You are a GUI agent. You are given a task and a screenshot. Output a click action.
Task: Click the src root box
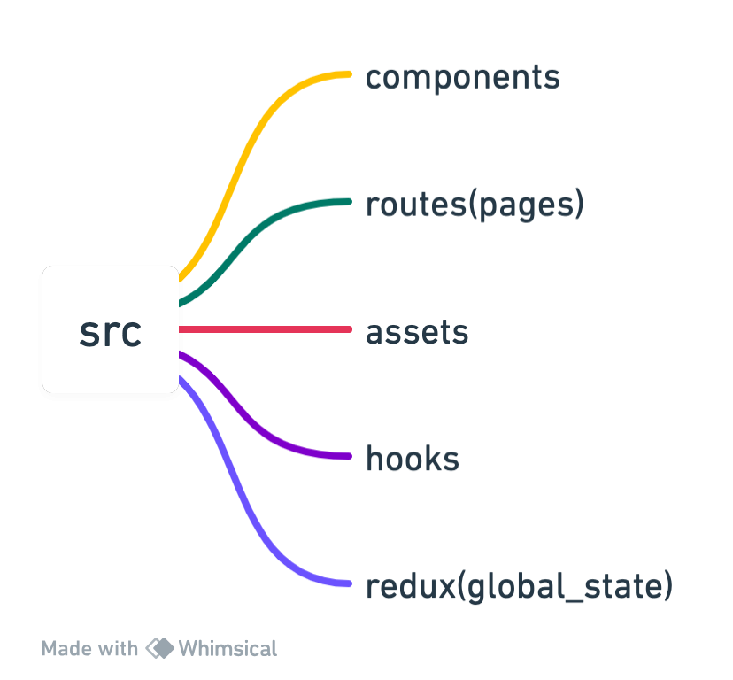(110, 331)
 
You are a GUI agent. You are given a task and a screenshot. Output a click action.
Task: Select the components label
(463, 77)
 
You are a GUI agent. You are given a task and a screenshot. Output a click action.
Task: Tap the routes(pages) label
(475, 205)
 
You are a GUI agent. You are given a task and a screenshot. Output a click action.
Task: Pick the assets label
(417, 332)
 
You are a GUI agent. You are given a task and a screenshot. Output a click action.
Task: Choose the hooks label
(413, 459)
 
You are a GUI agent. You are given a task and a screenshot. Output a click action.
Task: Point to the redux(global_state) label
(519, 586)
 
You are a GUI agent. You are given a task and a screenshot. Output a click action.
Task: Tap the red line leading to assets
(266, 329)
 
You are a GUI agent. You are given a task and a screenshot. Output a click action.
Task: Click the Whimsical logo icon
(159, 648)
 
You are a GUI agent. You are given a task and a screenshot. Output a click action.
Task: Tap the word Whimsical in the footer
(228, 648)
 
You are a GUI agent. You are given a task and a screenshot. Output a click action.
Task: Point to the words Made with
(89, 648)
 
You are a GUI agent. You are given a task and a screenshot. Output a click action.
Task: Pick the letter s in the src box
(88, 333)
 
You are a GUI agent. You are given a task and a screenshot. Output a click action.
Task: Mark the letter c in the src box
(130, 333)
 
